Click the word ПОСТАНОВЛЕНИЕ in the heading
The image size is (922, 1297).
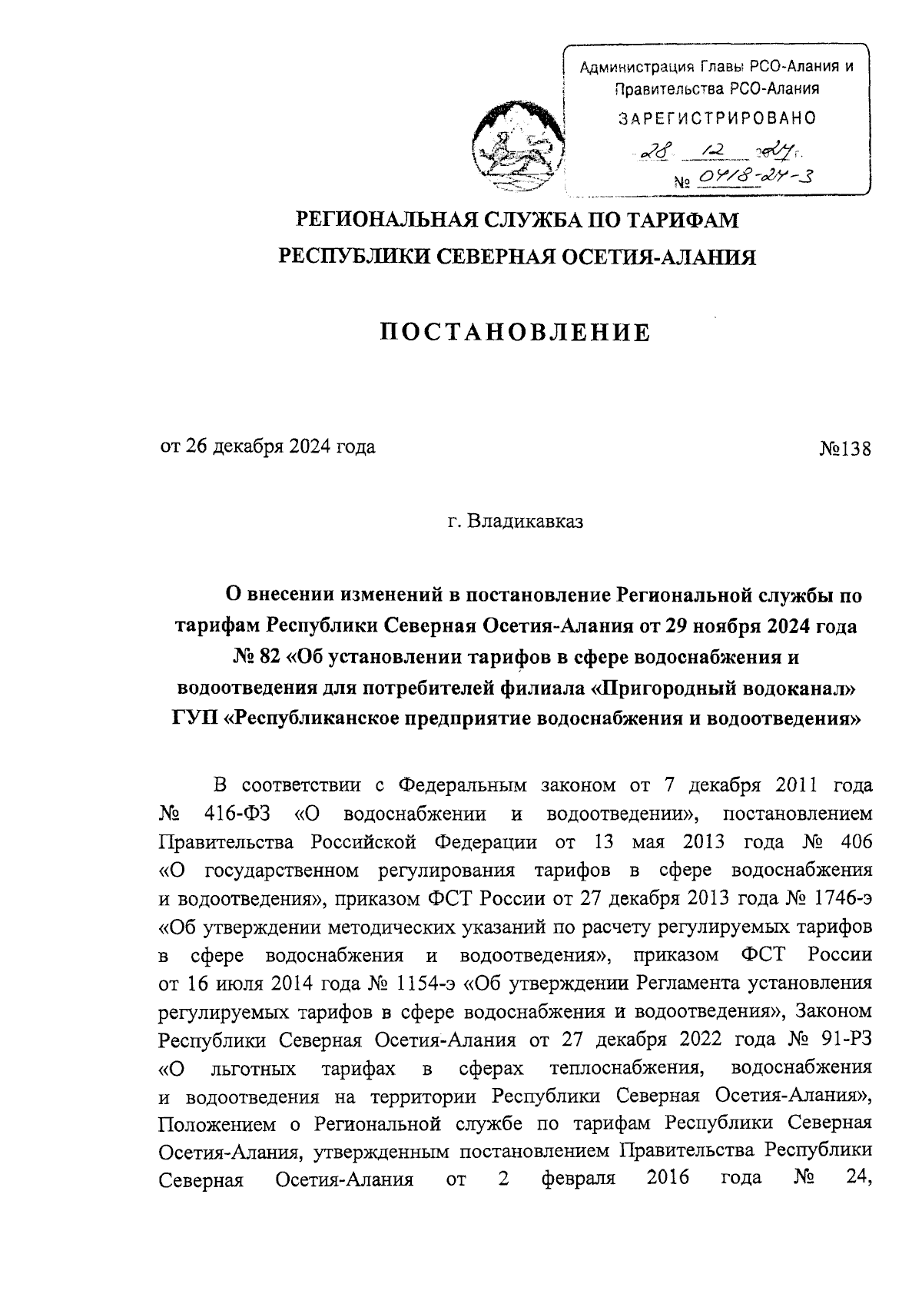coord(516,333)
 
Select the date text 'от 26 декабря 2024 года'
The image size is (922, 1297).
coord(267,447)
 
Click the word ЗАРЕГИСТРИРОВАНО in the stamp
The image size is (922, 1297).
coord(717,118)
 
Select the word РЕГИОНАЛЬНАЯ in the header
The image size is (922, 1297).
coord(380,221)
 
